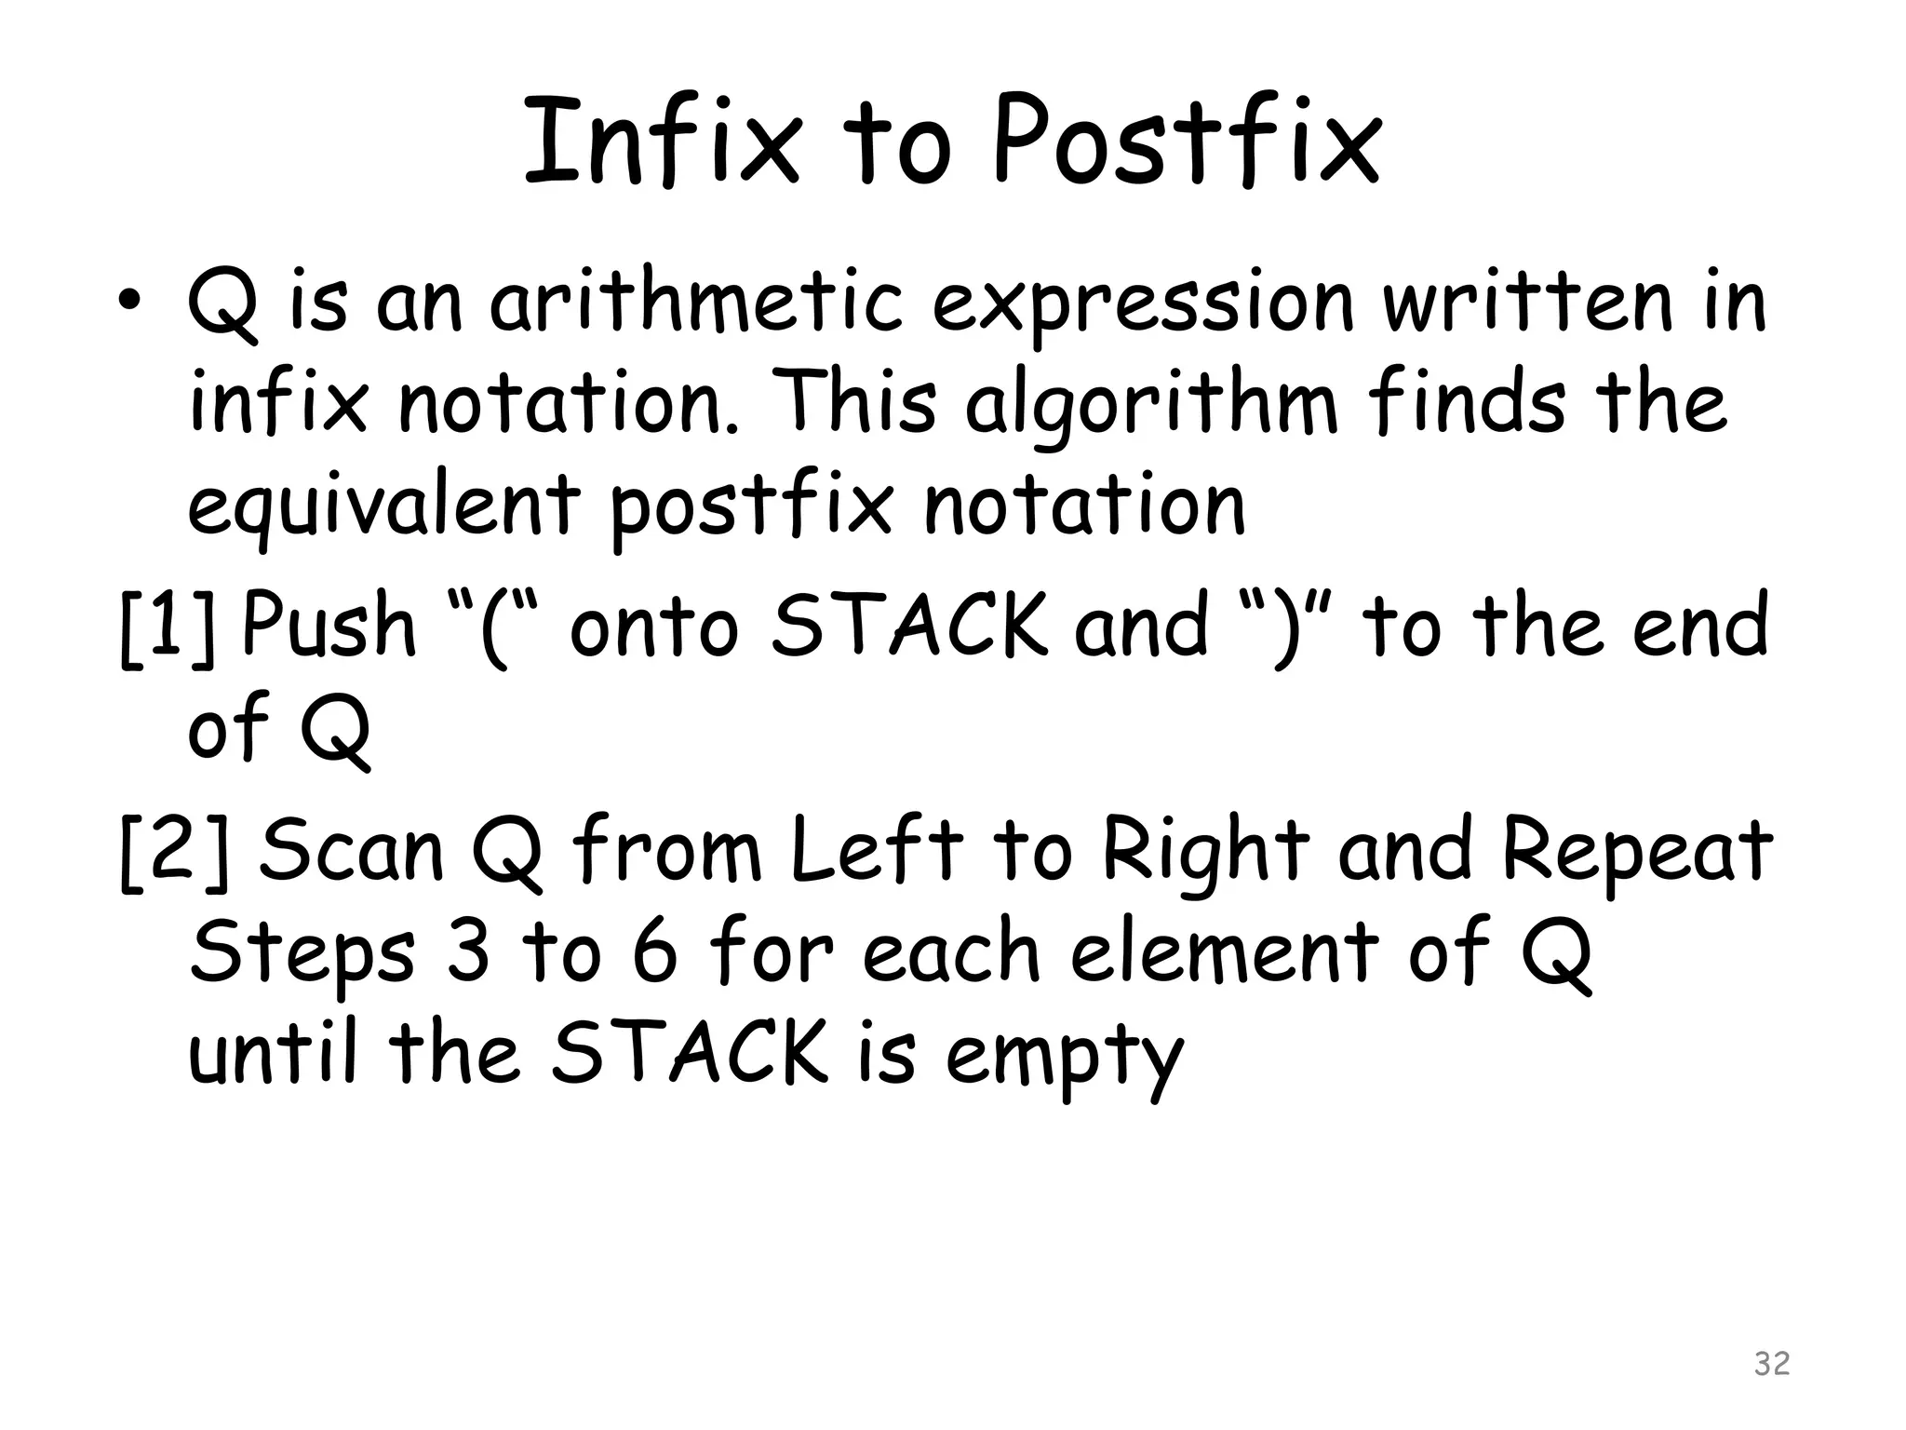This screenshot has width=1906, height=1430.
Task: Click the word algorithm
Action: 1151,408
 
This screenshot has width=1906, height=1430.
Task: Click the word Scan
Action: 352,851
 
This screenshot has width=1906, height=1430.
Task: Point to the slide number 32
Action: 1771,1363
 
